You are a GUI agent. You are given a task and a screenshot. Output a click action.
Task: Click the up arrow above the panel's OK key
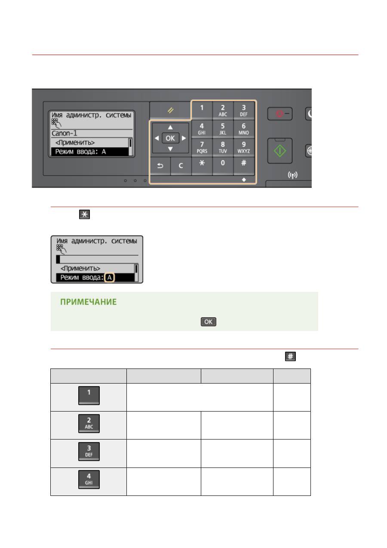click(x=170, y=127)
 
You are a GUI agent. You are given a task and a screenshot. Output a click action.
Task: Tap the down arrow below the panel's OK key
click(x=170, y=149)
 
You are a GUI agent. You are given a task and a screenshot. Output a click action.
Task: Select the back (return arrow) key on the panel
click(x=160, y=166)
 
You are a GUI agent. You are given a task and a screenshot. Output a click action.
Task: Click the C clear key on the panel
click(x=181, y=166)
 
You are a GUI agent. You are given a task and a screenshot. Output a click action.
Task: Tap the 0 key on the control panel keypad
click(x=223, y=165)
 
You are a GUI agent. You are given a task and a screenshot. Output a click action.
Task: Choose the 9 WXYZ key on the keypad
click(x=243, y=147)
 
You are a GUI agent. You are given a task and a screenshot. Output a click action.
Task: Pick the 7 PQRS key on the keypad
click(x=202, y=147)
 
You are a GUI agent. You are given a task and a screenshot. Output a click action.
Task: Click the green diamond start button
click(x=280, y=151)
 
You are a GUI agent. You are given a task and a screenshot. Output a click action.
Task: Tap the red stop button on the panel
click(x=280, y=114)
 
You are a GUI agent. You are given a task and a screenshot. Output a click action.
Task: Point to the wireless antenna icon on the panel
click(x=292, y=175)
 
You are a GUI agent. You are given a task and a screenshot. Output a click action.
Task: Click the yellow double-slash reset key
click(x=170, y=110)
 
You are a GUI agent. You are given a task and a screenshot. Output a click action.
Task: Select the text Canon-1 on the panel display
click(x=64, y=133)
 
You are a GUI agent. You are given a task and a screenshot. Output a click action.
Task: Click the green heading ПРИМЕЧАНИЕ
click(x=89, y=302)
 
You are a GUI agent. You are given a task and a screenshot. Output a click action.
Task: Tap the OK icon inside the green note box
click(x=209, y=322)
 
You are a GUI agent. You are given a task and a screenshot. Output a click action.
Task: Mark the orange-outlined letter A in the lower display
click(x=110, y=277)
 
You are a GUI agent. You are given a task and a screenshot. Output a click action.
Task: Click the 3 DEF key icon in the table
click(x=89, y=452)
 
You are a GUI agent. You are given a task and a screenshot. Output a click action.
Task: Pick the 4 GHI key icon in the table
click(x=89, y=480)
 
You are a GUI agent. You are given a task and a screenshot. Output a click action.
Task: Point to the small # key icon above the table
click(x=290, y=356)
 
